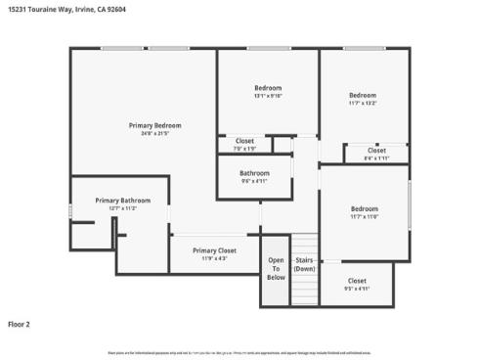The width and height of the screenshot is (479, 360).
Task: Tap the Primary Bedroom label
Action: point(154,125)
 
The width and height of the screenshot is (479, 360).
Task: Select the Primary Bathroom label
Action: point(122,201)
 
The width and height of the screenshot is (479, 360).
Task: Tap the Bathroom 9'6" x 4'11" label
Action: point(253,173)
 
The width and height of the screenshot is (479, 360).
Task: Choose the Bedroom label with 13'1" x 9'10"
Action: point(267,88)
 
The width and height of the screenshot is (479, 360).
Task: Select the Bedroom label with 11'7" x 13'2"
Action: point(363,95)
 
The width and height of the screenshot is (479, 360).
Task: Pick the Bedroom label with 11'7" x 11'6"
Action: point(365,208)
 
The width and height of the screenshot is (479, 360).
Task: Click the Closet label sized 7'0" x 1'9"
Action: point(244,141)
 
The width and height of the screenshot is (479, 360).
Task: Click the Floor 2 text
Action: point(21,323)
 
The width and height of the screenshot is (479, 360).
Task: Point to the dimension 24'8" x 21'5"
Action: point(154,133)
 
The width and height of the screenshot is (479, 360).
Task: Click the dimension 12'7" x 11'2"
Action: point(122,208)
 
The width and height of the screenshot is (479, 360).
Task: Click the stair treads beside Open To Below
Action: point(305,284)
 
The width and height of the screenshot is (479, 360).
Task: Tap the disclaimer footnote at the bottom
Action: point(239,352)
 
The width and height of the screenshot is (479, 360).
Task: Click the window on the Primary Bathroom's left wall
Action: point(70,210)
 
